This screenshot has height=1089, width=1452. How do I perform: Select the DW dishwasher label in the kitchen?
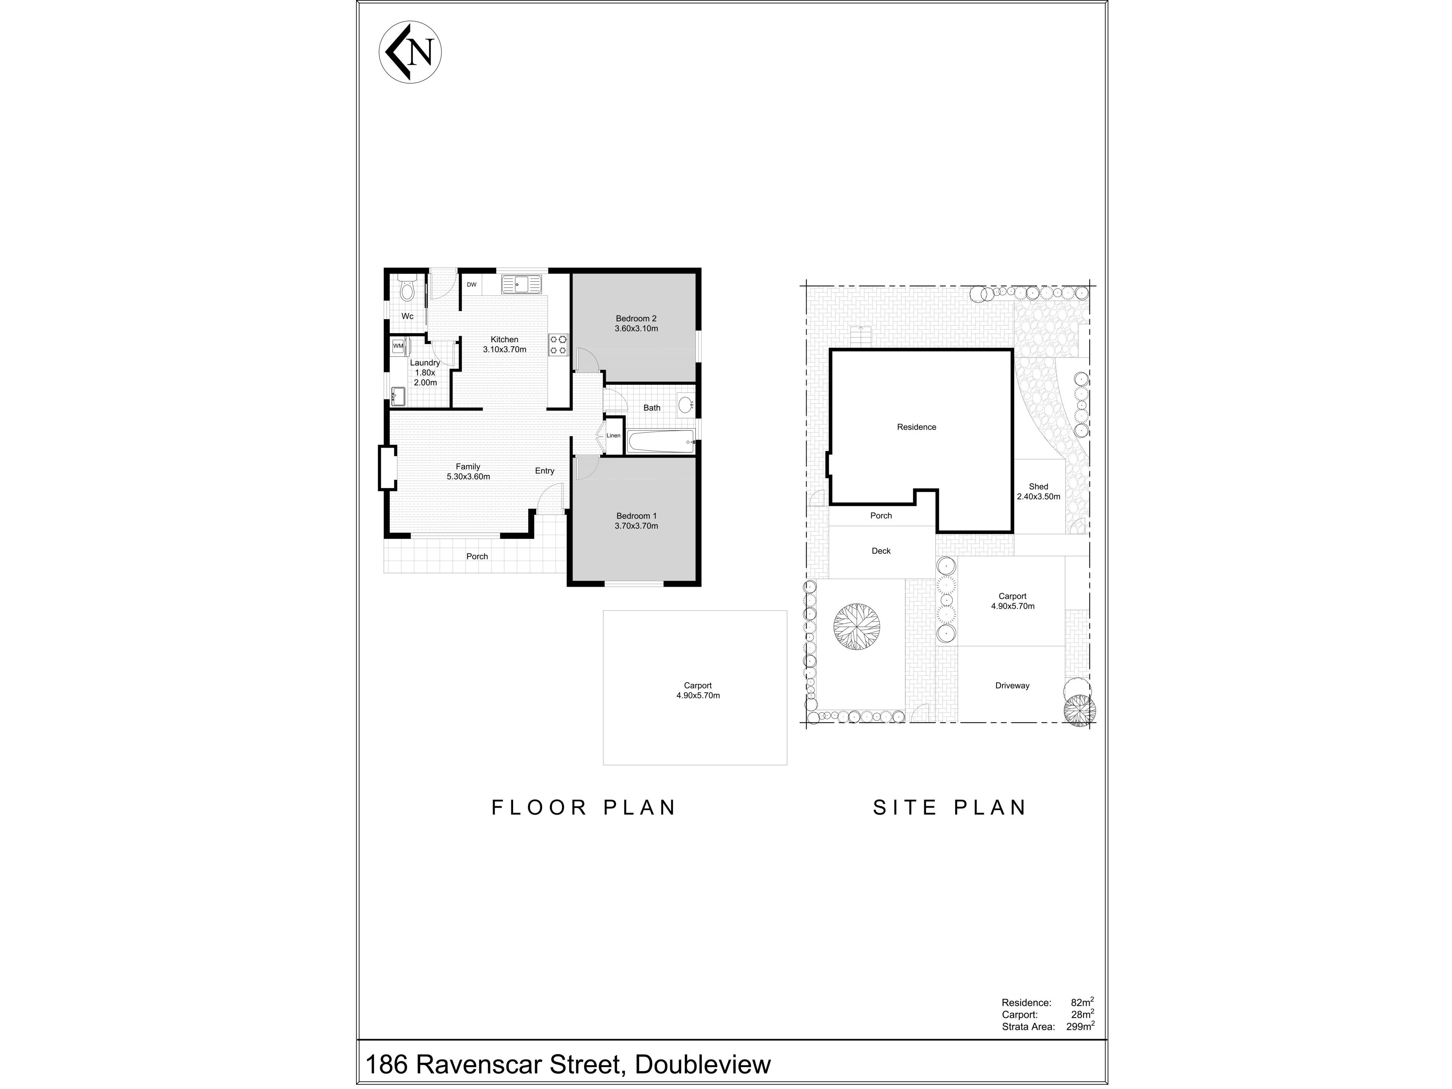[x=471, y=285]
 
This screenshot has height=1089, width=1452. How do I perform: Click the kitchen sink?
[x=522, y=284]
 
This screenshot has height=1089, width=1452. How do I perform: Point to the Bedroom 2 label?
[x=636, y=318]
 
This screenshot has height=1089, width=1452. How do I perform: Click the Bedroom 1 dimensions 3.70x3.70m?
[x=636, y=526]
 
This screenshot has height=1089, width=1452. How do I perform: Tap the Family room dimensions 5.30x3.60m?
[x=468, y=476]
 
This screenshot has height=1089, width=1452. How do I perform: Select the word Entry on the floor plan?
[x=544, y=471]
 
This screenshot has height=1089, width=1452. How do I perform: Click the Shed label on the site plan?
[x=1038, y=486]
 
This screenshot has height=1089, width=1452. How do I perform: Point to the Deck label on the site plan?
[x=881, y=551]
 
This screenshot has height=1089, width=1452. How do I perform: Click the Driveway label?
[x=1012, y=685]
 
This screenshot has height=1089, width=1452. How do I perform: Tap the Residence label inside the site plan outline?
[x=916, y=427]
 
